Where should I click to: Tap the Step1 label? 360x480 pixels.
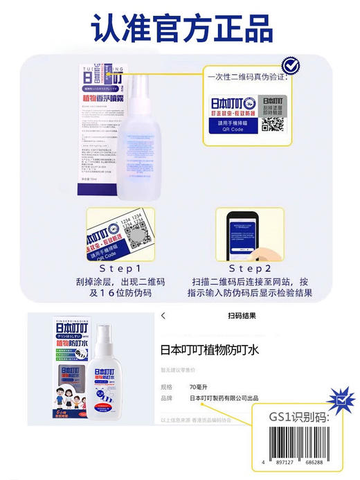pyautogui.click(x=119, y=267)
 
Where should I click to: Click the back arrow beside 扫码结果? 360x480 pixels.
pyautogui.click(x=163, y=316)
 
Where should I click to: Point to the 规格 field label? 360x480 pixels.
pyautogui.click(x=167, y=386)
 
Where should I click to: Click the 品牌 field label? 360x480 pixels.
pyautogui.click(x=167, y=398)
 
